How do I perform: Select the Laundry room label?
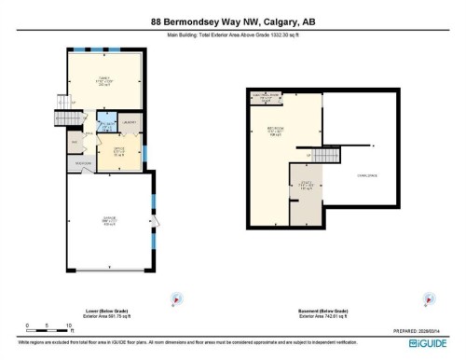(130, 122)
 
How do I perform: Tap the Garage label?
(110, 221)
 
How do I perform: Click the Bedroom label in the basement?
(276, 131)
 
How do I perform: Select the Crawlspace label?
(366, 174)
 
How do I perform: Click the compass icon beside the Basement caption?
(430, 298)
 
